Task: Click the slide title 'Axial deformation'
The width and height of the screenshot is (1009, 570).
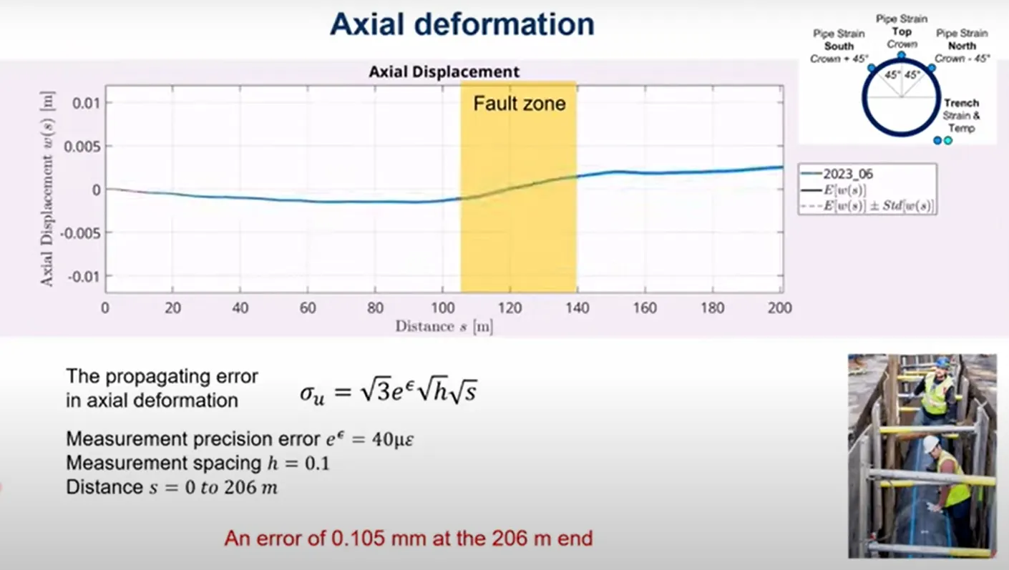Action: (462, 24)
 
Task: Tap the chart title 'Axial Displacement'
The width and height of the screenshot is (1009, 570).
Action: (444, 72)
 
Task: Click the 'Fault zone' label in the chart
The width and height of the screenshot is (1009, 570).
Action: (520, 104)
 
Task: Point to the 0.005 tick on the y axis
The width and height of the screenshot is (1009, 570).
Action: (82, 147)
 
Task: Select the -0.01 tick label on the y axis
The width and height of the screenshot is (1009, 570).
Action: (84, 277)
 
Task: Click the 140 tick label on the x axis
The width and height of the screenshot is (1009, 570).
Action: (577, 308)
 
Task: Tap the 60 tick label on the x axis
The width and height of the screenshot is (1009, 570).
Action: (308, 308)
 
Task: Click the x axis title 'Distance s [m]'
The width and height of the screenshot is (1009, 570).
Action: (444, 326)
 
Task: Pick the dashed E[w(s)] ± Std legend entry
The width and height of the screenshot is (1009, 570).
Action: (867, 206)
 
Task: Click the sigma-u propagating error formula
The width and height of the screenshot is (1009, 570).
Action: (389, 390)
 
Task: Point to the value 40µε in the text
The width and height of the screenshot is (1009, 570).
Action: (393, 439)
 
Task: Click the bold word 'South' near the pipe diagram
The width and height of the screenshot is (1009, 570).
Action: (839, 46)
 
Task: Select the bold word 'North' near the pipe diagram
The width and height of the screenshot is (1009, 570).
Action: (962, 46)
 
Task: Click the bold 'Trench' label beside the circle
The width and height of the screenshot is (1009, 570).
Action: (962, 103)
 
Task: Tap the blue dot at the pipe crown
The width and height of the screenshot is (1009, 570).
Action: (901, 55)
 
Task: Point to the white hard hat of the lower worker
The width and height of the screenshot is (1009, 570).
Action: (930, 443)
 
